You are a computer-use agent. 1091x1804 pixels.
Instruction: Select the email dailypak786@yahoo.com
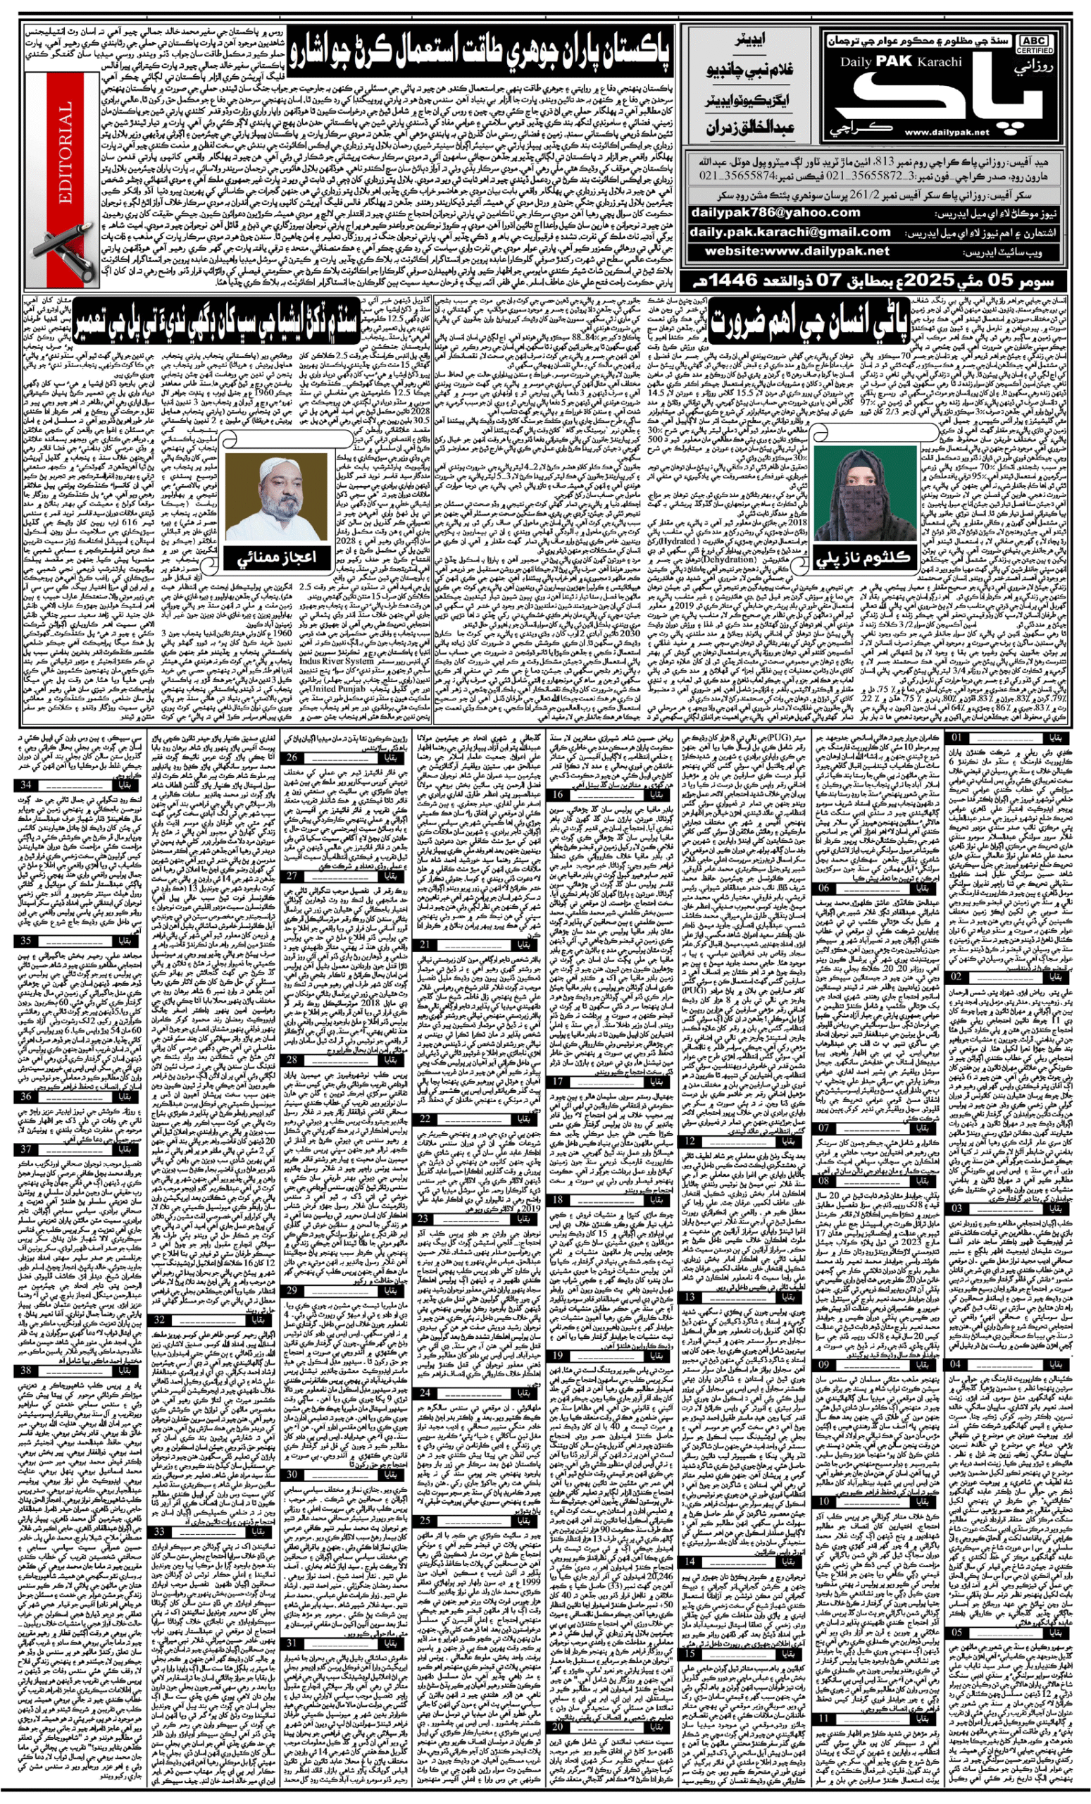[775, 212]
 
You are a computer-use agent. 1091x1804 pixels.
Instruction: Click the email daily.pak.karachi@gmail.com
[790, 232]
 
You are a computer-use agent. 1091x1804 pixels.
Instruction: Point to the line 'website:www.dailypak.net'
[797, 251]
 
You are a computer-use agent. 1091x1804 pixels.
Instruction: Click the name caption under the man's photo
[276, 558]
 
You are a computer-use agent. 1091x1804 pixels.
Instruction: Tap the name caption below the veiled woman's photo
[864, 558]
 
